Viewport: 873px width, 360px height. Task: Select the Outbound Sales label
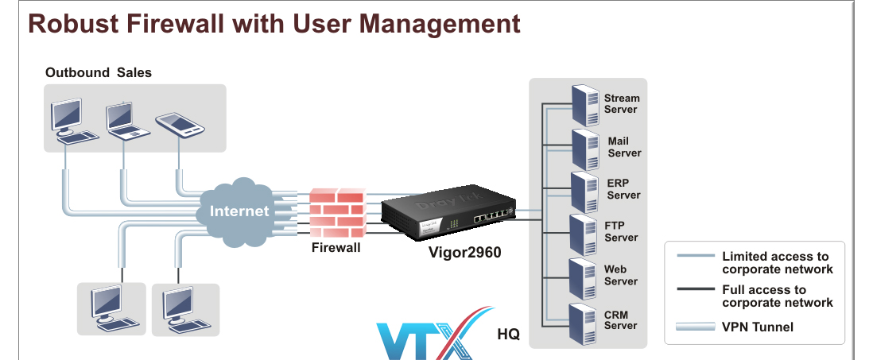[x=98, y=72]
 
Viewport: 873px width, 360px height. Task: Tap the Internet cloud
[x=239, y=211]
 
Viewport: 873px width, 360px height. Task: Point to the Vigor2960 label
[x=465, y=253]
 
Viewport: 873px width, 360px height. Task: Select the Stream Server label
[x=621, y=103]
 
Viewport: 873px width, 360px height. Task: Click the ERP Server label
[x=623, y=189]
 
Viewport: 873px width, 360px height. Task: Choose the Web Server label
[x=620, y=275]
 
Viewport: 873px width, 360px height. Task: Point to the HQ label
[x=508, y=335]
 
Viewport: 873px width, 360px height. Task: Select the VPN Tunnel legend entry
[x=757, y=327]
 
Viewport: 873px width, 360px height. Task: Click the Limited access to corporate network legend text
[x=776, y=262]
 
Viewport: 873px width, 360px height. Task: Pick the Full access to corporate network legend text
[x=776, y=296]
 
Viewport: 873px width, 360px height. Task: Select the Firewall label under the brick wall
[x=336, y=248]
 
